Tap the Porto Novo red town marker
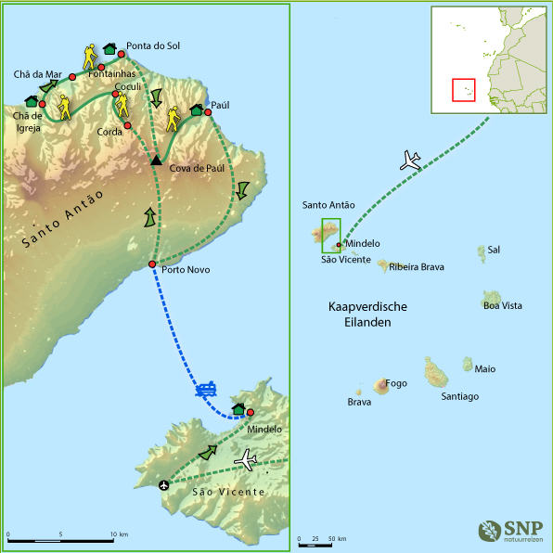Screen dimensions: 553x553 pos(152,264)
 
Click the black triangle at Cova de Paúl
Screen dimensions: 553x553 pos(156,161)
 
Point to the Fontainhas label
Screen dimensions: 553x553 pos(111,73)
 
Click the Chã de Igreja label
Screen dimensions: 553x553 pos(27,122)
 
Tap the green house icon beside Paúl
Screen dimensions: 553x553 pos(197,110)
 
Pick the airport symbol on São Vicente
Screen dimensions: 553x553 pos(164,484)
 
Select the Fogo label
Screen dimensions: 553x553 pos(396,382)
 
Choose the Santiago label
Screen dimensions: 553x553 pos(459,396)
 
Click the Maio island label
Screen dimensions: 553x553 pos(484,368)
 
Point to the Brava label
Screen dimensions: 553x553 pos(359,402)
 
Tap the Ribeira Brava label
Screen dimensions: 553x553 pos(417,267)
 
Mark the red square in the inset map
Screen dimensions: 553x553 pos(463,90)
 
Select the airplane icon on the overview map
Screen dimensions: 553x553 pos(409,161)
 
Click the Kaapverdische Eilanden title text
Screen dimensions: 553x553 pos(368,315)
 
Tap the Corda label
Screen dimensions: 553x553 pos(109,132)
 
